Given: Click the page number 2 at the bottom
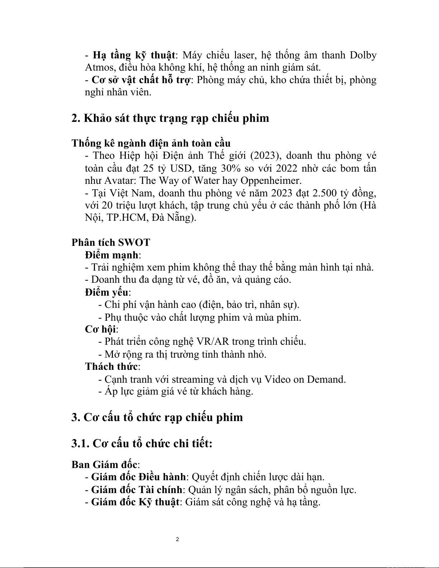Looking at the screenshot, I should tap(177, 539).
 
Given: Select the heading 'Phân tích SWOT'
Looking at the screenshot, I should tap(111, 243).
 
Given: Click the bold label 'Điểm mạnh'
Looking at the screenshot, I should tap(112, 255).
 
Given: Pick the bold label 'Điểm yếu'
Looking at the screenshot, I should tap(107, 292).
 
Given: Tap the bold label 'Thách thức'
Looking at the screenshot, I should tap(111, 367).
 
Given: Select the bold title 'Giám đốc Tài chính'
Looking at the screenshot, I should tap(137, 490).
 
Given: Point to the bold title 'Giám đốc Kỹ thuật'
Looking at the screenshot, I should tap(135, 502).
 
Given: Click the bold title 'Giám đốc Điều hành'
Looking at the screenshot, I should tap(138, 477).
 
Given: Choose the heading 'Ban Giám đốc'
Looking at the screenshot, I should tap(105, 464).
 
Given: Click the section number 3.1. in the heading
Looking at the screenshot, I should tap(80, 444).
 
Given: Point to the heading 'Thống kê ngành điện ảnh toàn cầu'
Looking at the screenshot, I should tap(151, 143).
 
